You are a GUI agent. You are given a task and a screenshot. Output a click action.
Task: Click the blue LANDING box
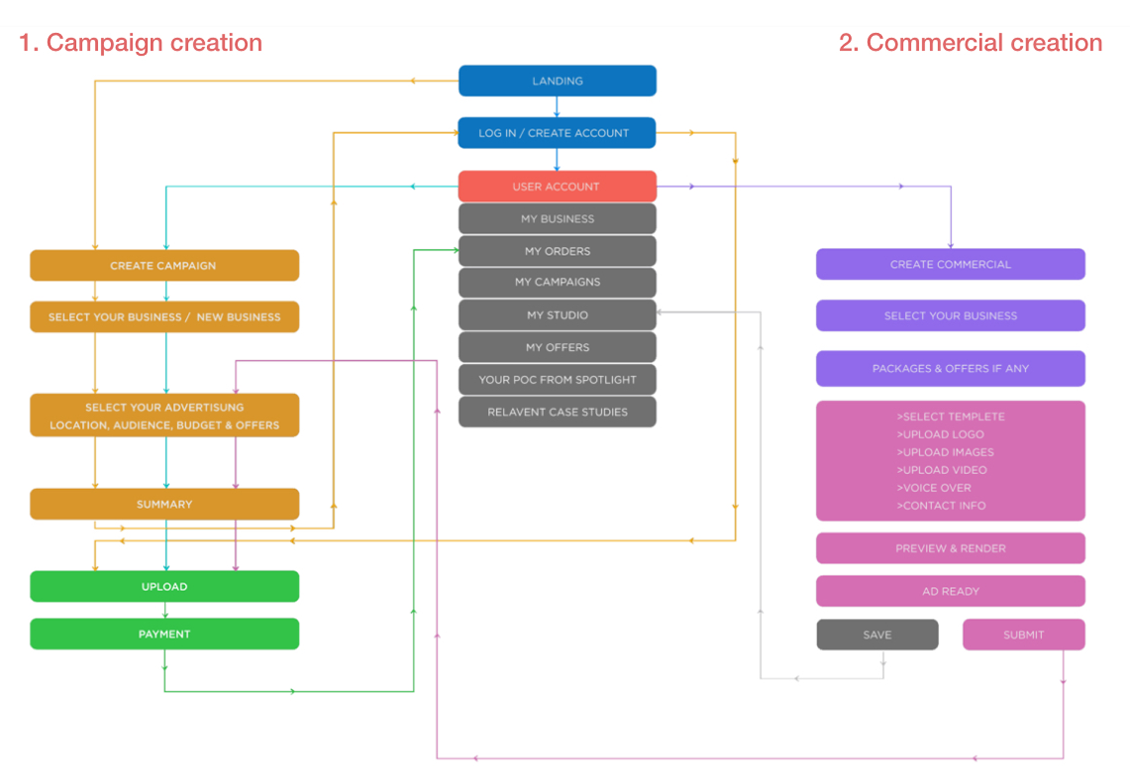tap(557, 81)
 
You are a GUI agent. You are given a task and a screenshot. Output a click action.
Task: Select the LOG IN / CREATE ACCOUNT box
tap(557, 133)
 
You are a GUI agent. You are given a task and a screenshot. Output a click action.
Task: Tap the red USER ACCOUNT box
tap(557, 186)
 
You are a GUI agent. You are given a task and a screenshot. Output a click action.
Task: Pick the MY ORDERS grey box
tap(557, 251)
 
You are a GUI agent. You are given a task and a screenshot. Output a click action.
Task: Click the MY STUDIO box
tap(557, 315)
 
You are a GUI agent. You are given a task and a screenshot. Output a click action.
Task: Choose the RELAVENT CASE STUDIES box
tap(557, 412)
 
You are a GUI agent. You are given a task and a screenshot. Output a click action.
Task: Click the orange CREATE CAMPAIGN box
tap(164, 266)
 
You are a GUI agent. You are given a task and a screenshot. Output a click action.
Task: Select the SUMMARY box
tap(164, 504)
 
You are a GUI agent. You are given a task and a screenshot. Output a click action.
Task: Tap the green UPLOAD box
tap(164, 586)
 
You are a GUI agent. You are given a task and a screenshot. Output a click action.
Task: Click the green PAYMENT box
tap(164, 634)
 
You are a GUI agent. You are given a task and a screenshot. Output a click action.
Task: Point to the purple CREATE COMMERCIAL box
tap(950, 264)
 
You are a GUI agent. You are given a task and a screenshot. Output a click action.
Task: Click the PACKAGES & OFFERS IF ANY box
tap(950, 368)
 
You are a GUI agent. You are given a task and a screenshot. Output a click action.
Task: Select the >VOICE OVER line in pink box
tap(934, 488)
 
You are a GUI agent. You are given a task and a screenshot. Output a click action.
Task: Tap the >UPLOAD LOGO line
tap(940, 435)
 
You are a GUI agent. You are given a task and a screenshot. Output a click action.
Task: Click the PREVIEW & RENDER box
tap(950, 548)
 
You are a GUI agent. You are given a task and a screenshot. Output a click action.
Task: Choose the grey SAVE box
tap(877, 635)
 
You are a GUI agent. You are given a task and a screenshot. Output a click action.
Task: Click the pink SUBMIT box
tap(1023, 635)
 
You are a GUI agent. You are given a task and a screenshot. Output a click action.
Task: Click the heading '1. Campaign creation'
tap(140, 43)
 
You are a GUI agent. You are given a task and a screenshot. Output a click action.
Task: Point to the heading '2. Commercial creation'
tap(970, 43)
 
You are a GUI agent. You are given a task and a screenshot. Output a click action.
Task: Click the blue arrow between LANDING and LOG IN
tap(556, 107)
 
